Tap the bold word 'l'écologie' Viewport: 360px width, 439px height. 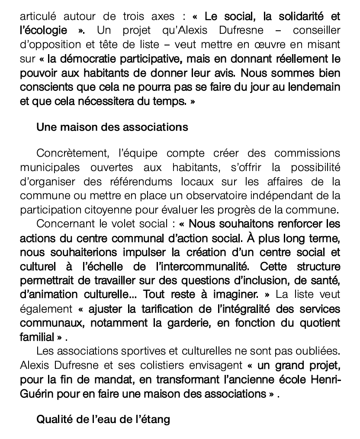click(43, 31)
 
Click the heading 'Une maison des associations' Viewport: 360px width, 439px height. click(112, 127)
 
